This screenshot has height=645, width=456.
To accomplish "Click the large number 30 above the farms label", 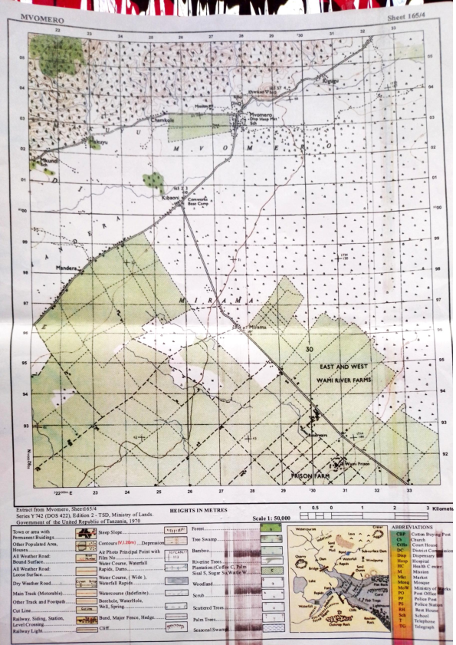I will point(310,350).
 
